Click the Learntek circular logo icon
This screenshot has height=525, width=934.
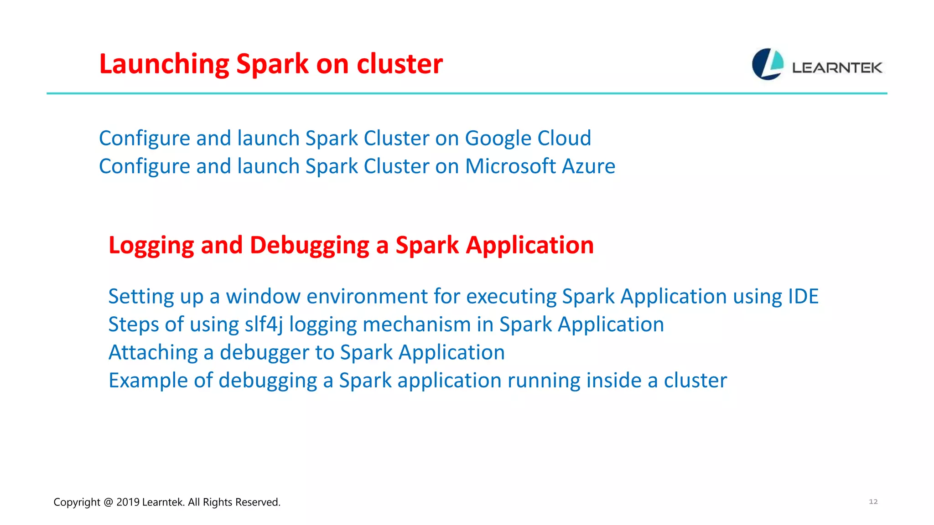(768, 64)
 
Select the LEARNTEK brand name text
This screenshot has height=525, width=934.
(837, 68)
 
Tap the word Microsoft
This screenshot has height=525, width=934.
(511, 166)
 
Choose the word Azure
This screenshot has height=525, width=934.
(589, 166)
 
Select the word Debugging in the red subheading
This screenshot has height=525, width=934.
(310, 246)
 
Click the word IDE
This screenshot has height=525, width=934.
(803, 297)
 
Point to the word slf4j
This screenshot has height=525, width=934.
(264, 325)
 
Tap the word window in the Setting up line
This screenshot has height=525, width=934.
(263, 297)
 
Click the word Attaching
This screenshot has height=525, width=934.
(153, 353)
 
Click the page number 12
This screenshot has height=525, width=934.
(873, 502)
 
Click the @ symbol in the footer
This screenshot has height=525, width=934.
(108, 502)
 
